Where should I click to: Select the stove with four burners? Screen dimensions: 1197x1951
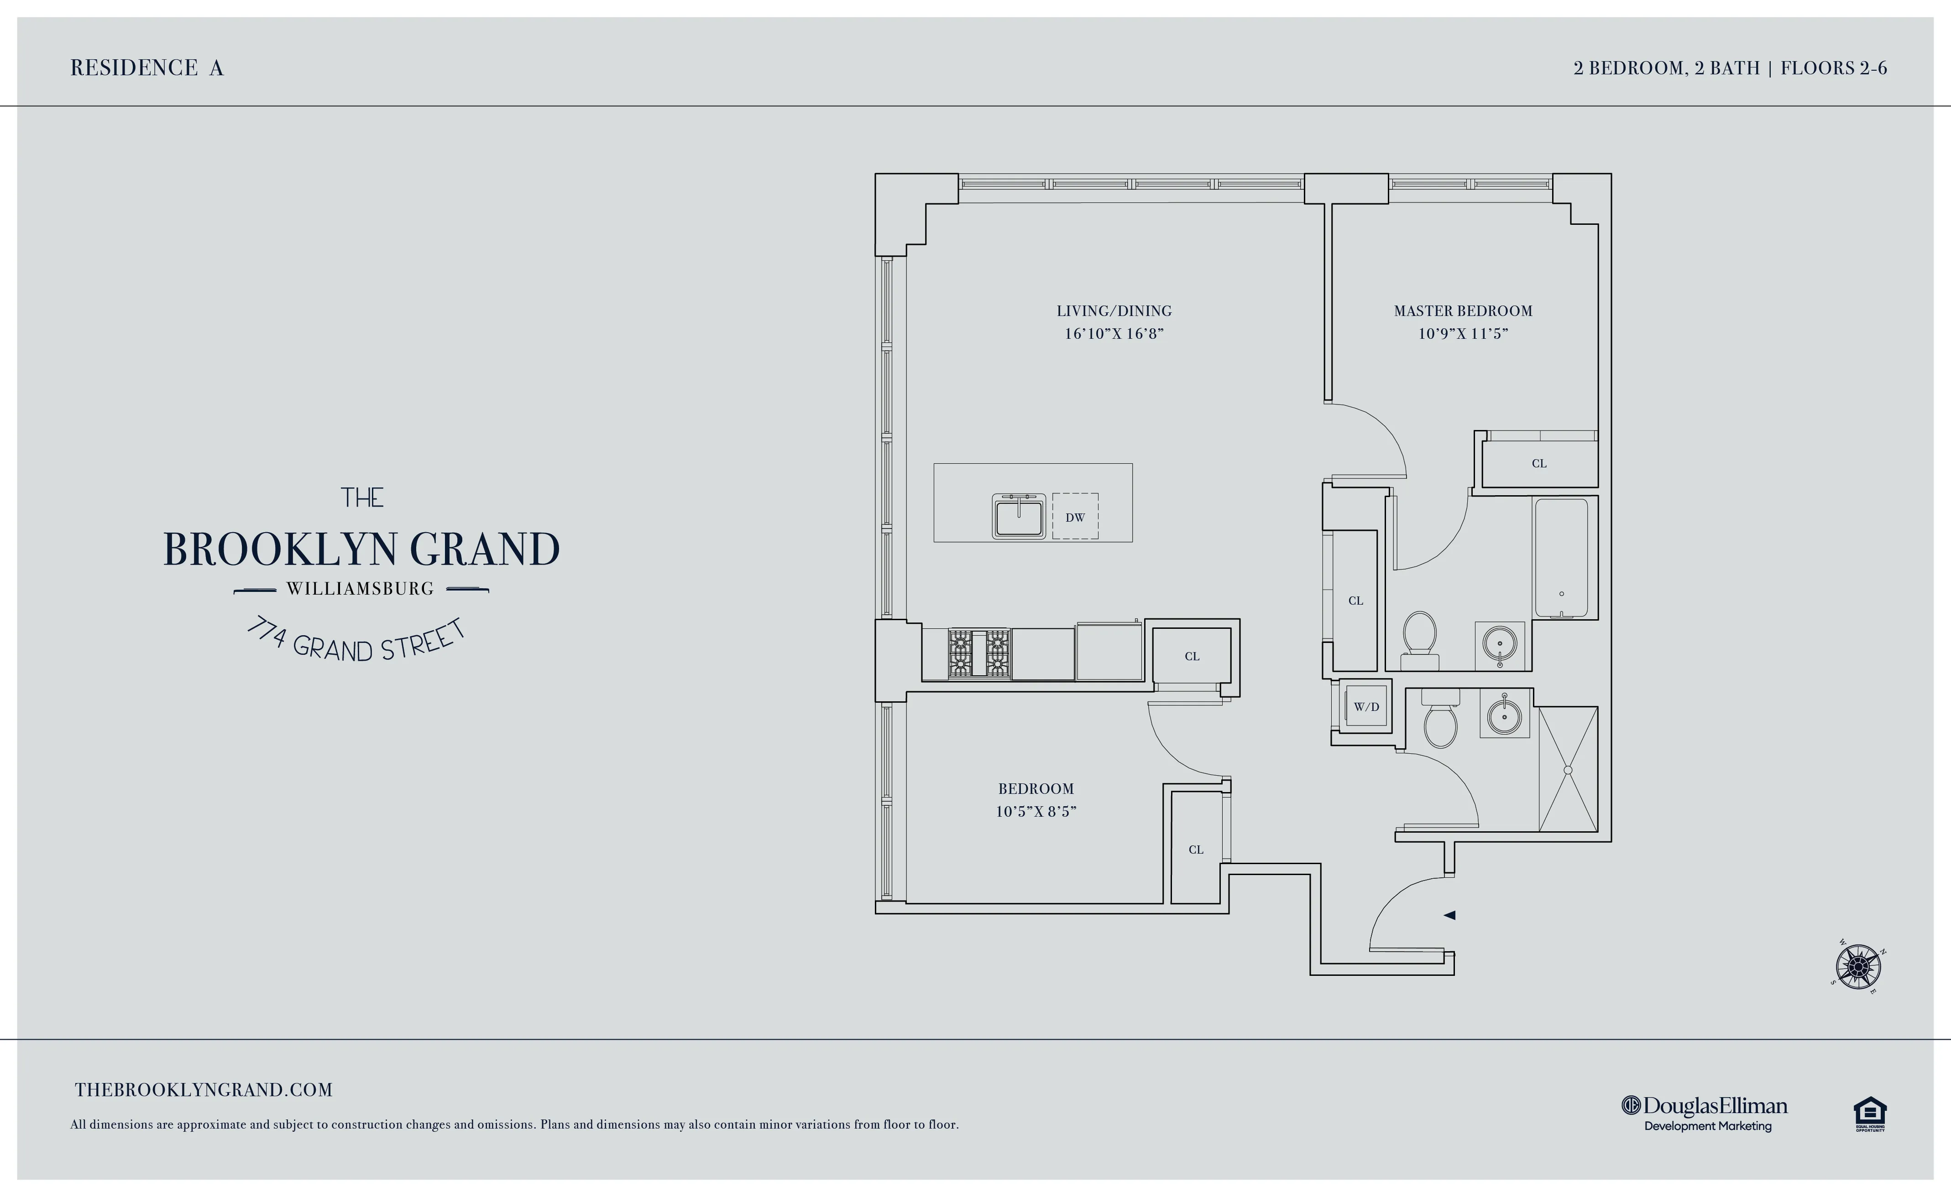(x=980, y=653)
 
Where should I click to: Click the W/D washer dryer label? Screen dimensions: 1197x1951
(x=1366, y=707)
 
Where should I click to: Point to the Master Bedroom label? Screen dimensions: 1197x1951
(x=1463, y=311)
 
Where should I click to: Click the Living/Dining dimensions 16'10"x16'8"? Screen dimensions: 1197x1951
(x=1114, y=334)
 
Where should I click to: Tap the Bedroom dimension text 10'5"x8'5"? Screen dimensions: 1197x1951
(x=1036, y=812)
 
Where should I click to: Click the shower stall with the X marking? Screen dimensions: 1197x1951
(x=1568, y=769)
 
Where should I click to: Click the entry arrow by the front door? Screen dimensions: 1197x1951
(x=1449, y=915)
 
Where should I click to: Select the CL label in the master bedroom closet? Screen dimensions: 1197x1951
(x=1539, y=464)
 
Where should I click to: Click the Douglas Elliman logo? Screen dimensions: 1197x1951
(x=1705, y=1112)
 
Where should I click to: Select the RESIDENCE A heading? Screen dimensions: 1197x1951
(x=147, y=68)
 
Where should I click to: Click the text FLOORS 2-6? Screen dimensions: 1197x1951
(x=1834, y=68)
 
